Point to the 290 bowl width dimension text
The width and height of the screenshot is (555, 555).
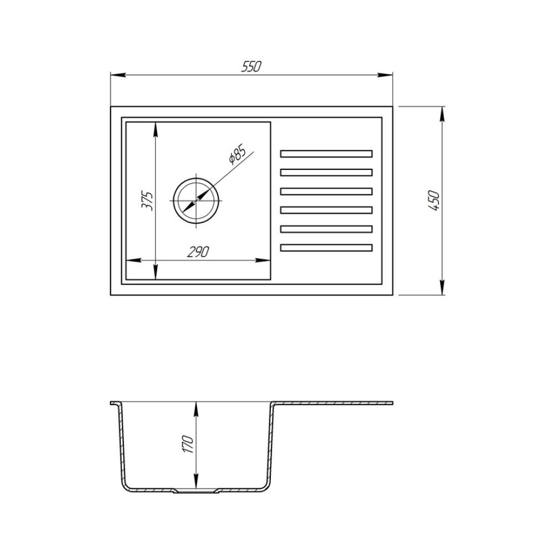(198, 253)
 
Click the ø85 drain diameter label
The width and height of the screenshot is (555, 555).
(236, 155)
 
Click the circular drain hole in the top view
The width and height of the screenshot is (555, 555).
(197, 200)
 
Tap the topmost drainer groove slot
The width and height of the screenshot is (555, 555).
(326, 153)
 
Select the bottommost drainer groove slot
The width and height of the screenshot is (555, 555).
(326, 247)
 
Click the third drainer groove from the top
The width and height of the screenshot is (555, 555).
(326, 191)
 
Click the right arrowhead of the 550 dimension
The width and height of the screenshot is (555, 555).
(390, 74)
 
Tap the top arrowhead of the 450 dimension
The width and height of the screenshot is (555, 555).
(442, 110)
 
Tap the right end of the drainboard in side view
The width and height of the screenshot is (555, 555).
(392, 402)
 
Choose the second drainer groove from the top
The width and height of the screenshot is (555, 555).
(326, 172)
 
